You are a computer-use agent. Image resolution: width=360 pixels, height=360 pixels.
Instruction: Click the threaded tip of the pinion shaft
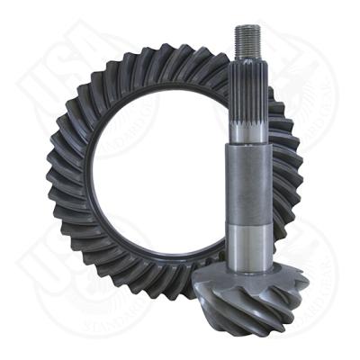click(248, 40)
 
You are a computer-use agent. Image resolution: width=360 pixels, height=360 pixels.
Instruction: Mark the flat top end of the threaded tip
click(247, 28)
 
